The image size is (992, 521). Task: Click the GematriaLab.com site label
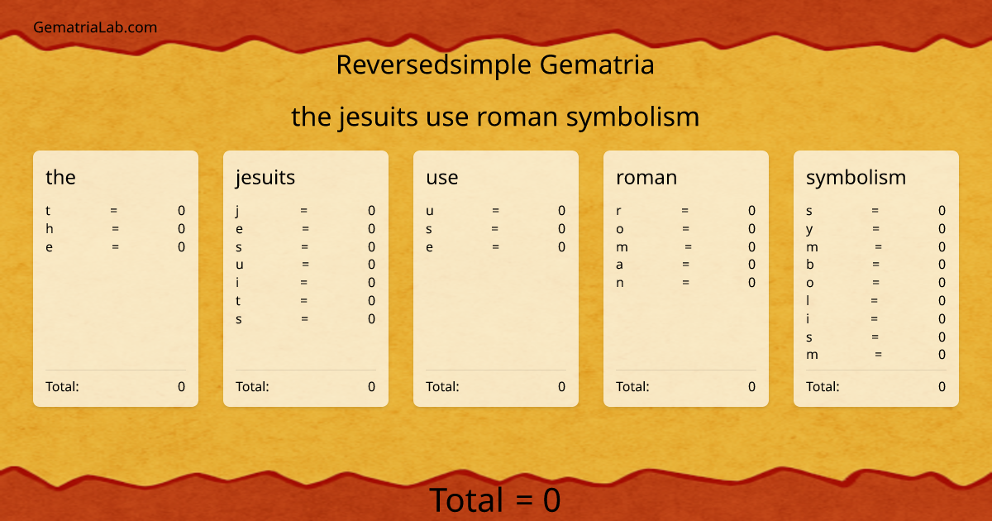point(95,27)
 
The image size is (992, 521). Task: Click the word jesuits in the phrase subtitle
point(379,117)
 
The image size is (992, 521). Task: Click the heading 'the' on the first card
point(60,177)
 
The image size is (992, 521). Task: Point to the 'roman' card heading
point(646,177)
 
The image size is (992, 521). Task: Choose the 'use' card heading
point(441,177)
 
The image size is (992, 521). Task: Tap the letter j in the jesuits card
point(237,211)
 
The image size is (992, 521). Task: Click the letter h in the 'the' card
point(49,229)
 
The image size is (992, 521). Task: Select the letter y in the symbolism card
point(809,229)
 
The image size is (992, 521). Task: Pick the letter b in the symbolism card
point(810,265)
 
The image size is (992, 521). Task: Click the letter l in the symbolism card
point(808,301)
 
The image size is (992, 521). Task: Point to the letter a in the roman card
point(619,265)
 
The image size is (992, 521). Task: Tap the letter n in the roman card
point(619,283)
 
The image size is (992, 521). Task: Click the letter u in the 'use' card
point(429,211)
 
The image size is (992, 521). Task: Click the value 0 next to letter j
point(371,211)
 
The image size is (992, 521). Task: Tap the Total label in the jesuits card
point(252,386)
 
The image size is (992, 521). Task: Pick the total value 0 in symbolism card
point(942,386)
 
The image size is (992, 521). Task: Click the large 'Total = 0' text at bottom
point(494,500)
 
